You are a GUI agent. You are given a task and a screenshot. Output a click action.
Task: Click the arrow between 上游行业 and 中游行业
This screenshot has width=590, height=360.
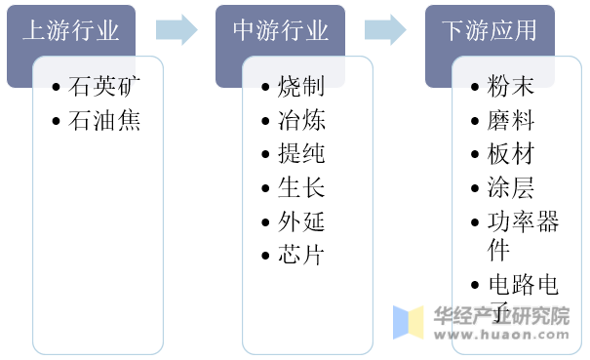tap(176, 29)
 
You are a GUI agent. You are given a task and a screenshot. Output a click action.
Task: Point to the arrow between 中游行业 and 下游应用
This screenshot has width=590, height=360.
tap(385, 29)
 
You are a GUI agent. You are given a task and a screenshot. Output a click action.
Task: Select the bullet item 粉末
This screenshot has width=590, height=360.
tap(510, 87)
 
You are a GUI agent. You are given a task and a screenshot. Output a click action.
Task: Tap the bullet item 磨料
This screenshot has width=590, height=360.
tap(510, 121)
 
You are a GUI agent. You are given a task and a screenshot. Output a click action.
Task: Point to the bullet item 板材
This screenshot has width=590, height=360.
tap(510, 154)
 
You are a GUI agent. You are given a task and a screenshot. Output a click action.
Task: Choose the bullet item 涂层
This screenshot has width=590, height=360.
tap(510, 188)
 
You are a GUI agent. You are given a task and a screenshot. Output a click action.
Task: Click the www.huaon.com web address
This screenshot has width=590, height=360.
tap(500, 333)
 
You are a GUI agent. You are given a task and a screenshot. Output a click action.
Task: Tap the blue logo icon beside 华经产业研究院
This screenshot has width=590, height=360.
tap(409, 322)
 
